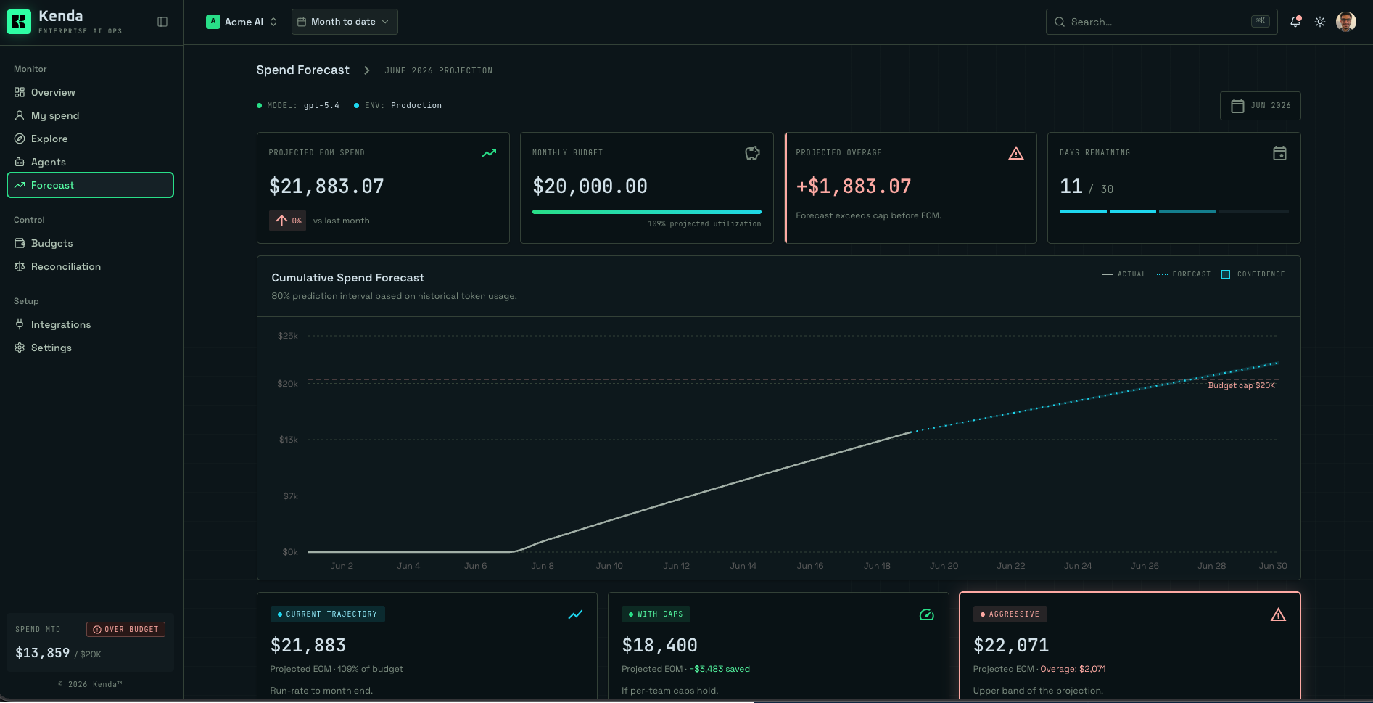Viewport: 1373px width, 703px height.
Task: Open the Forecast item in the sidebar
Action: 90,185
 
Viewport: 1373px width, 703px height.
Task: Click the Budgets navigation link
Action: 51,243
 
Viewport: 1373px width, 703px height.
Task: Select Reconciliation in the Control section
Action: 65,266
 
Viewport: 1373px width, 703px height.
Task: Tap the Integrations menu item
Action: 61,324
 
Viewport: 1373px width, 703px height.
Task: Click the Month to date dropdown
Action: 345,22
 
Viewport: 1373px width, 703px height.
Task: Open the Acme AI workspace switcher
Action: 242,22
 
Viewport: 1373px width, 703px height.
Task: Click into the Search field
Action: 1161,22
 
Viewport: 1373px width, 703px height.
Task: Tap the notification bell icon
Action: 1295,22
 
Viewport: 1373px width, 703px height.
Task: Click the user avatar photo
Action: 1346,22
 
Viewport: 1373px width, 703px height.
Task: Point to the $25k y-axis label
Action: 288,336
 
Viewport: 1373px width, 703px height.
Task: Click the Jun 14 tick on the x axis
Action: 743,566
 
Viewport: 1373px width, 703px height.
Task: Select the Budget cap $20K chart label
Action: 1241,385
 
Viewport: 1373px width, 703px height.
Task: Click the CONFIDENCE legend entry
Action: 1253,274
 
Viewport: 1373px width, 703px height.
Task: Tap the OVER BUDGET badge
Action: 126,629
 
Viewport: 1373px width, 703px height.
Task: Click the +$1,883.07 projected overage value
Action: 854,186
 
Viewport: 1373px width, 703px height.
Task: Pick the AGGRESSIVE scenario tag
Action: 1010,614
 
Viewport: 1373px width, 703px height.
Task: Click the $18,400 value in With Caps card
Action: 659,645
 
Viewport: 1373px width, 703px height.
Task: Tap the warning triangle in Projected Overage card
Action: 1016,153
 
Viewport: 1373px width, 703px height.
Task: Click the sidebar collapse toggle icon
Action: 162,22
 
